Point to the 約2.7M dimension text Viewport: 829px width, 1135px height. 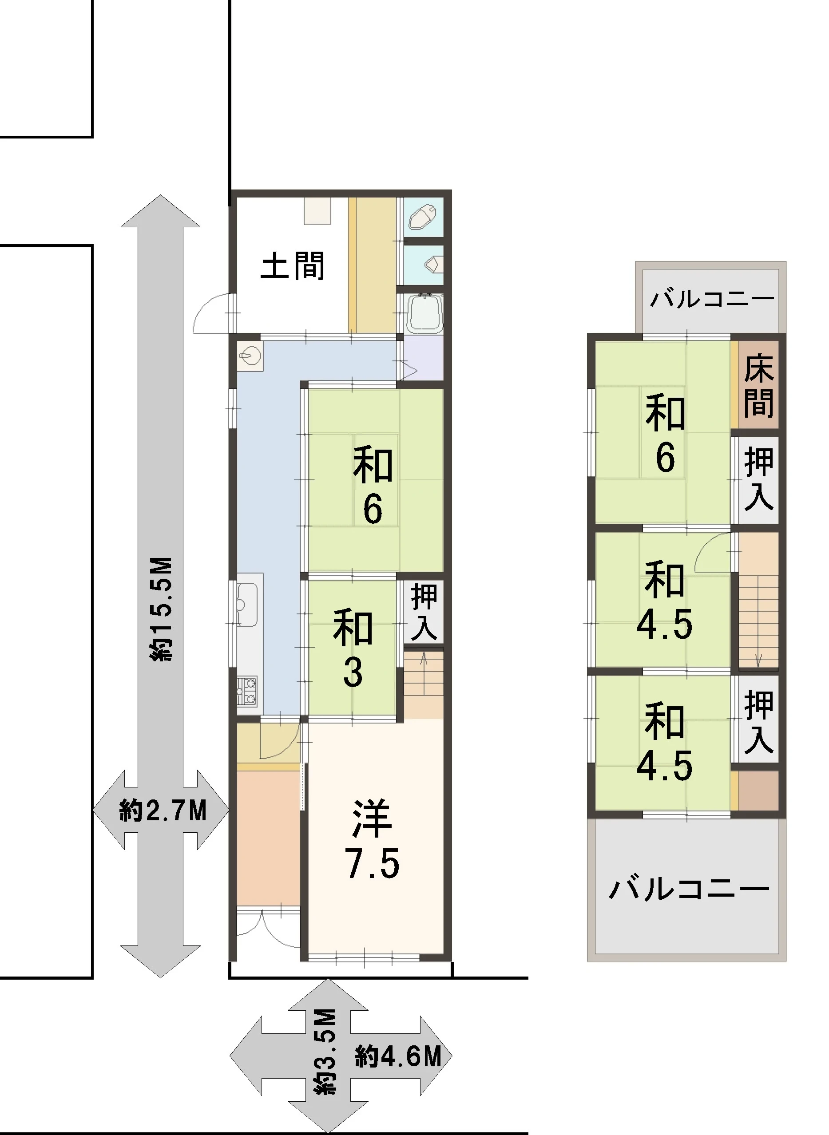coord(162,811)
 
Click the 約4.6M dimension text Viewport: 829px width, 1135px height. coord(398,1057)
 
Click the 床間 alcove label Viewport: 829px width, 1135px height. coord(758,385)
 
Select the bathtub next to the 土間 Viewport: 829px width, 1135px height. coord(424,313)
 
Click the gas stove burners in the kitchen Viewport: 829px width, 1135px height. coord(247,692)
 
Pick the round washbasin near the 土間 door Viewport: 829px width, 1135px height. coord(250,357)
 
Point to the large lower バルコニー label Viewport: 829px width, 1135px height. coord(689,889)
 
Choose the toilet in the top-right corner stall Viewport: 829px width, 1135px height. coord(423,218)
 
